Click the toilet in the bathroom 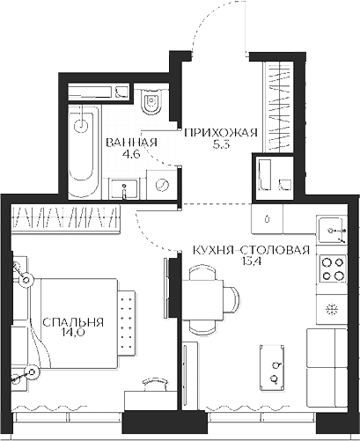coord(151,100)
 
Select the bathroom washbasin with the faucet coord(124,189)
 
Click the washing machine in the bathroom coord(162,185)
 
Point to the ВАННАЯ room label coord(131,143)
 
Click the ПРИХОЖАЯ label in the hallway coord(221,133)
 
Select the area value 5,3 coord(221,144)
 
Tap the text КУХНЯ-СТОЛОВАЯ coord(251,250)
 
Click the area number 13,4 coord(252,261)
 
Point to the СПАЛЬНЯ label coord(73,322)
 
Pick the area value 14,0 coord(74,334)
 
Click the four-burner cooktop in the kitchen coord(333,268)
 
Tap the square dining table coord(202,301)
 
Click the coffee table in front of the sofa coord(273,367)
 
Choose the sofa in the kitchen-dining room coord(327,368)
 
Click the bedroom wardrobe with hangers coord(66,217)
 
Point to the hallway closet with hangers coord(279,107)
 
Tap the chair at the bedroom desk coord(155,384)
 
